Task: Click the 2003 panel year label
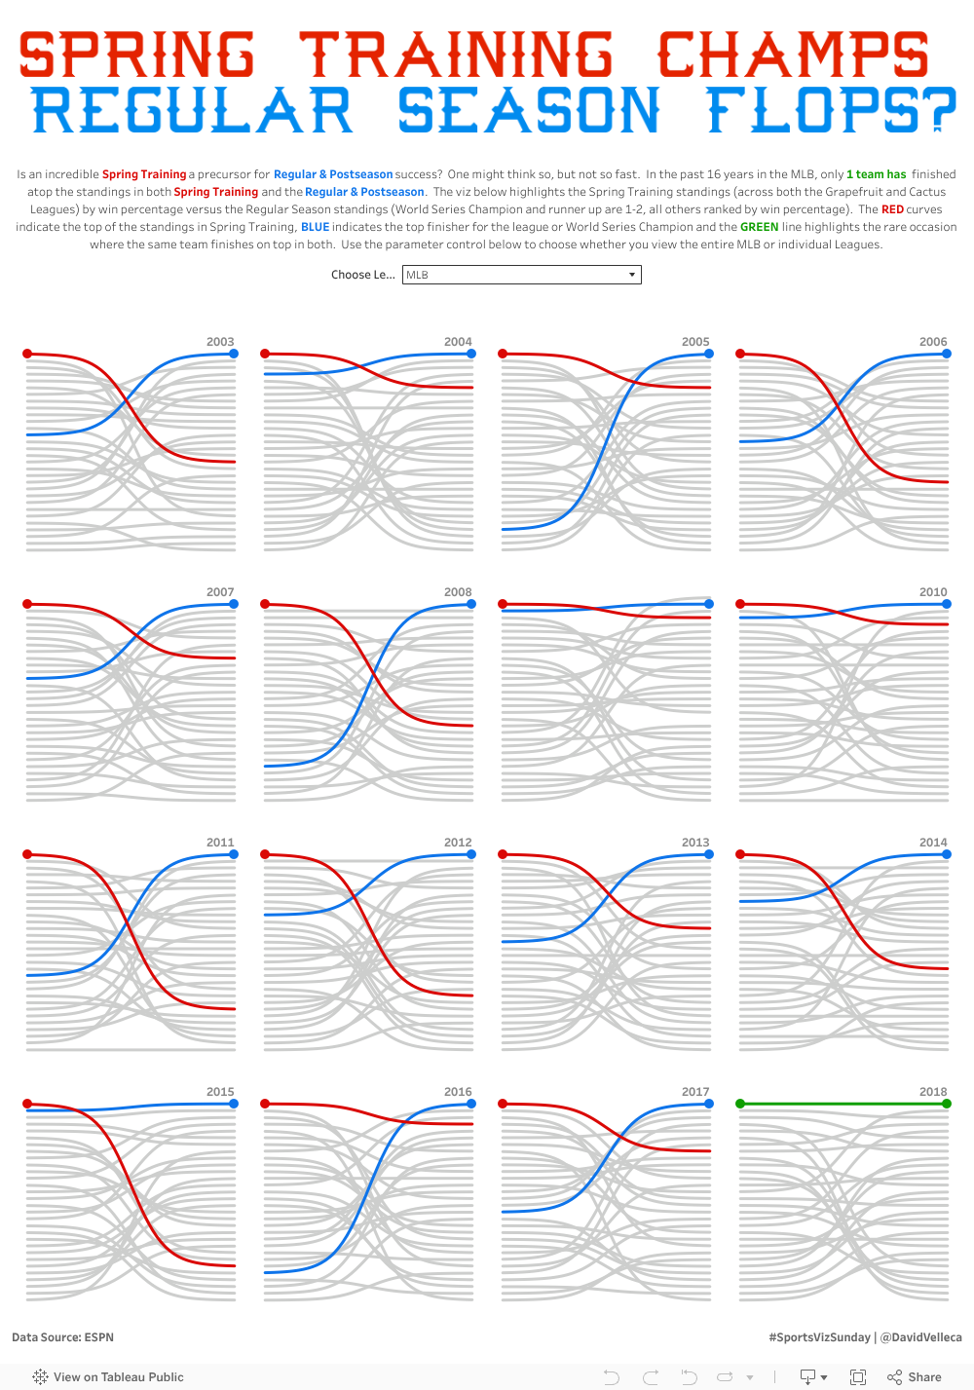click(220, 342)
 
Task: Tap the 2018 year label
click(933, 1092)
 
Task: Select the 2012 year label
click(458, 843)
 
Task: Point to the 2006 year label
click(933, 342)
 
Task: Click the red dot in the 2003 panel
click(27, 354)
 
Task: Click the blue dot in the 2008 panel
click(471, 604)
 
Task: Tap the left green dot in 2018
click(740, 1104)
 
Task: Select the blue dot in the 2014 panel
click(947, 854)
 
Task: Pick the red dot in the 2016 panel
click(265, 1104)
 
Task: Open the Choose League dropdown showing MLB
click(521, 275)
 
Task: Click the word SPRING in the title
click(136, 55)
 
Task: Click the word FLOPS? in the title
click(831, 110)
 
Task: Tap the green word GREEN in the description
click(759, 227)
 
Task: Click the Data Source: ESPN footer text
click(62, 1337)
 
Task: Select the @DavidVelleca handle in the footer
click(920, 1337)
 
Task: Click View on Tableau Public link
click(118, 1377)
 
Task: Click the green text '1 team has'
click(876, 174)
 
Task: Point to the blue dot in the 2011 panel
click(234, 854)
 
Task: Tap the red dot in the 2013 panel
click(503, 854)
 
